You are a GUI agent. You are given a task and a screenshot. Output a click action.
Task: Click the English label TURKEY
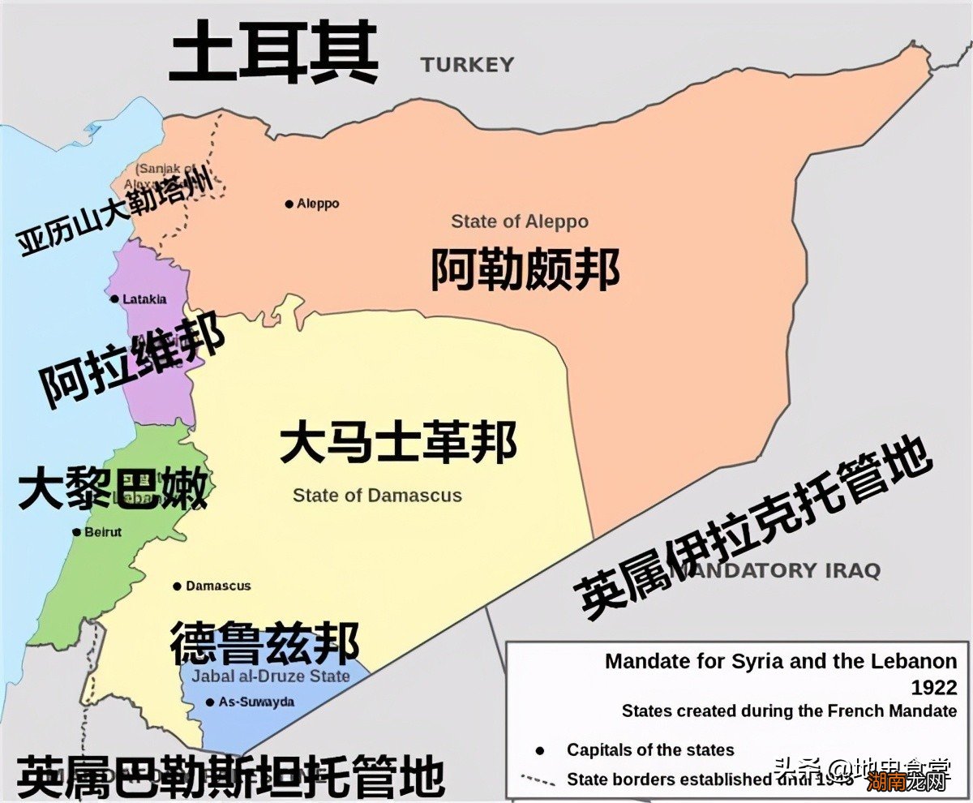(467, 65)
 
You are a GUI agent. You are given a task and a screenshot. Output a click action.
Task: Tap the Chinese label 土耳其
(274, 53)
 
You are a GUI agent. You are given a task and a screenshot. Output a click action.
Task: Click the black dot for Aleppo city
(289, 204)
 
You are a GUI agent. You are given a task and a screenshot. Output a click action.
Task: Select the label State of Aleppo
(520, 221)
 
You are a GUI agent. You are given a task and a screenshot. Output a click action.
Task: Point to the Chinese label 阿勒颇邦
(525, 268)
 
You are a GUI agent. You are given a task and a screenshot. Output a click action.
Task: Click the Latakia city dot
(114, 299)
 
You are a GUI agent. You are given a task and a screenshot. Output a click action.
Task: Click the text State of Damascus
(377, 495)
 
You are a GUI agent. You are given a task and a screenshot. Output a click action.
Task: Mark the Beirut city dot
(77, 532)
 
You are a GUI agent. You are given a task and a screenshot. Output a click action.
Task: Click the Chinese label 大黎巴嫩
(113, 487)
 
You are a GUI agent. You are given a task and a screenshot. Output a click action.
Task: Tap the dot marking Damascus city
(177, 586)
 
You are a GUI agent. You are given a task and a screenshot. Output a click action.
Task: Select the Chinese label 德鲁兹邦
(264, 644)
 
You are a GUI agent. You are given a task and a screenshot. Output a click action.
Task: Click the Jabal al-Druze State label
(271, 676)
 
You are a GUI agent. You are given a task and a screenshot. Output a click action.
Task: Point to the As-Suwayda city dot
(210, 702)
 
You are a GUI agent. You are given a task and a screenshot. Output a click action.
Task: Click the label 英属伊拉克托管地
(754, 527)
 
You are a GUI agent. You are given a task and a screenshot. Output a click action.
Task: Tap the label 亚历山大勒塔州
(118, 209)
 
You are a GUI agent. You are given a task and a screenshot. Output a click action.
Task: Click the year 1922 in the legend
(934, 688)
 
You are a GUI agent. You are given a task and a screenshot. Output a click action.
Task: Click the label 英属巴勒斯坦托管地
(230, 776)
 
